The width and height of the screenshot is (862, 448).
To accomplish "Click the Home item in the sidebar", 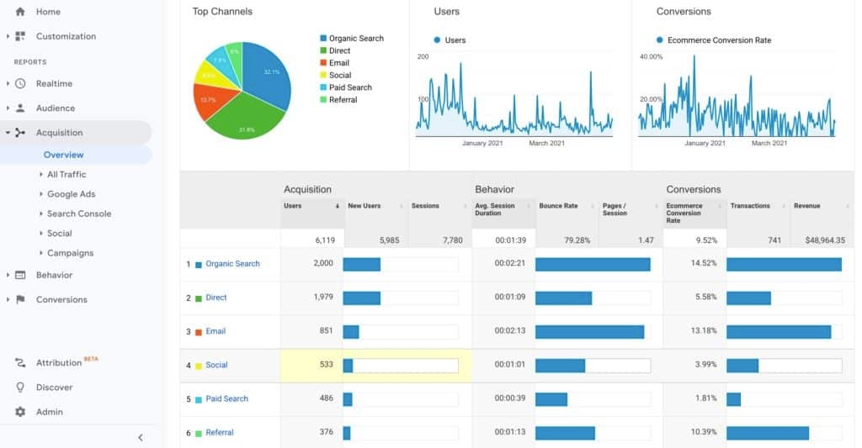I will pos(48,12).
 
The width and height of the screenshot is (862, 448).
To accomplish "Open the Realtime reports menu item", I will pos(54,83).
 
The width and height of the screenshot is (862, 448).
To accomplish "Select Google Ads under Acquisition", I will pos(71,194).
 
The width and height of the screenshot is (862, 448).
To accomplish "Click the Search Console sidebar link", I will pos(79,213).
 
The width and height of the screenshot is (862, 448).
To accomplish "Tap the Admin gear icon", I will pos(20,412).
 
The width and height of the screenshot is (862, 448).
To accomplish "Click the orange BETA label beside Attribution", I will pos(91,360).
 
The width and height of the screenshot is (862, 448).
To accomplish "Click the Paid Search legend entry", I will pos(350,87).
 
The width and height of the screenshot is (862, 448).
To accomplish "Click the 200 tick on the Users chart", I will pos(423,56).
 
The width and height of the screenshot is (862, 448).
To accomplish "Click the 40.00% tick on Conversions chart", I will pos(651,56).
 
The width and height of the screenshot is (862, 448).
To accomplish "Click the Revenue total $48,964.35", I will pos(824,240).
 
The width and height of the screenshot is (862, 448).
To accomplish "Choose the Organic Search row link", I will pos(232,264).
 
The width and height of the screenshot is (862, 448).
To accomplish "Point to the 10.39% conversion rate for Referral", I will pos(703,432).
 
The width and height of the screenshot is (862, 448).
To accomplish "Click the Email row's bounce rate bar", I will pos(589,331).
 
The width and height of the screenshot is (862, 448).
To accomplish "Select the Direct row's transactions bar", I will pos(748,298).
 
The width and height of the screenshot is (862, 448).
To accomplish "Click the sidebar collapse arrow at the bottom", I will pos(141,437).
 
